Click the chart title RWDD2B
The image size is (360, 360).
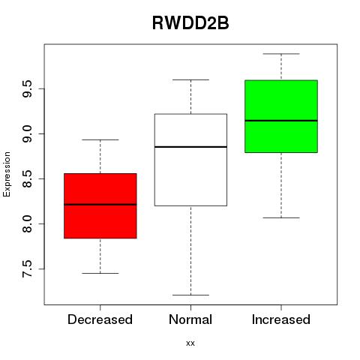(x=190, y=23)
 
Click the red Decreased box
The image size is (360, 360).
(x=100, y=205)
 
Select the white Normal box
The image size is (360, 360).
(x=190, y=160)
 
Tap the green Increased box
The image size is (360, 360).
(x=281, y=116)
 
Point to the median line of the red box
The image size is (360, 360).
(x=100, y=205)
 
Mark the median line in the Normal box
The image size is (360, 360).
(x=190, y=147)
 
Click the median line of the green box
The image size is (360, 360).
(x=281, y=121)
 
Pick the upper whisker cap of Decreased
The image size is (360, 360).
(x=100, y=139)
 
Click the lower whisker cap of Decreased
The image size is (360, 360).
(x=100, y=273)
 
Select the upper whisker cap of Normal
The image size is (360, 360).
(x=190, y=79)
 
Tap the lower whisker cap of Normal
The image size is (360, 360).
(x=190, y=295)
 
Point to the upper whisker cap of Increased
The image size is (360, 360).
(x=281, y=54)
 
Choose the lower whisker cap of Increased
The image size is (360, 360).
(x=281, y=217)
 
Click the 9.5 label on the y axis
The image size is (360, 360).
(x=27, y=88)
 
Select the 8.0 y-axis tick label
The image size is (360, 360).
(x=27, y=224)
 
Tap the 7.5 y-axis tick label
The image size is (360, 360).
(x=27, y=269)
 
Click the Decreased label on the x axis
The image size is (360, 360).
(x=100, y=319)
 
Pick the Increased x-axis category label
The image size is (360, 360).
(x=281, y=319)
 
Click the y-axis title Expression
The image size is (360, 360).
(x=7, y=174)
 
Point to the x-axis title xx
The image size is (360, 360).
(x=190, y=343)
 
